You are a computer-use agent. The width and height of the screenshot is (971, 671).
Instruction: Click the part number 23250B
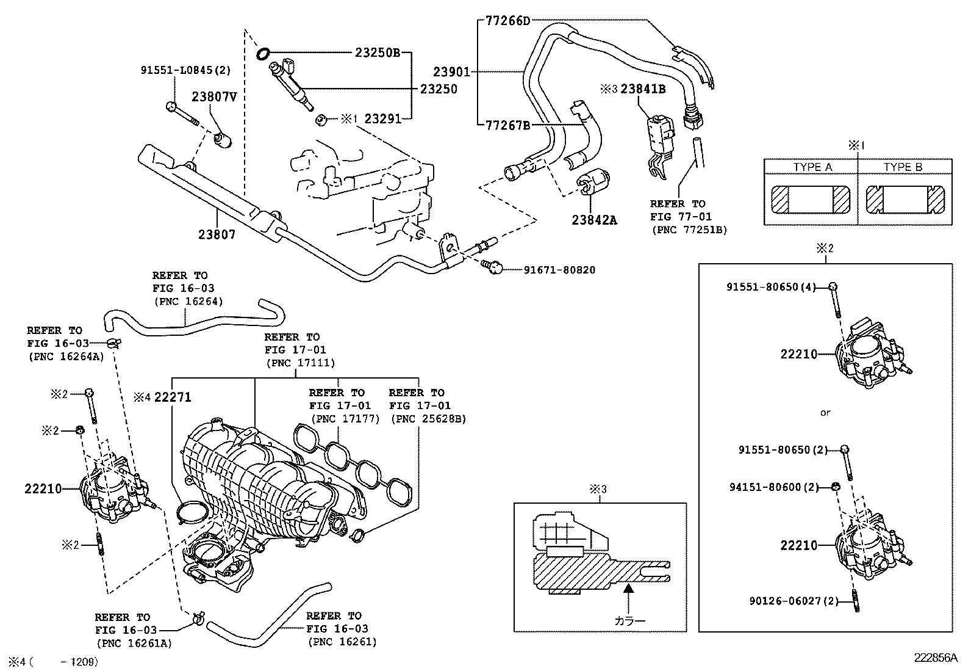(x=377, y=53)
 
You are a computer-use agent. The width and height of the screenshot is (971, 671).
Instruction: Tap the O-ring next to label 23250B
(x=263, y=54)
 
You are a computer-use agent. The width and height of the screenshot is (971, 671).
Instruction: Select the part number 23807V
(x=215, y=96)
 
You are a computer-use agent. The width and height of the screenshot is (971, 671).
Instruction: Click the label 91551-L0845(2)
(x=185, y=70)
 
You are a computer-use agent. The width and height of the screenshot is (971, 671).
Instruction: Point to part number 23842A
(x=594, y=220)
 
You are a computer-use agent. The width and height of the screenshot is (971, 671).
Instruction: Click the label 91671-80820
(x=559, y=269)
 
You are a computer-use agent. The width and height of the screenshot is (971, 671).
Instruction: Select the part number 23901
(x=451, y=72)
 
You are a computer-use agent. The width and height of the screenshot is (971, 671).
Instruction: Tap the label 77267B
(x=507, y=126)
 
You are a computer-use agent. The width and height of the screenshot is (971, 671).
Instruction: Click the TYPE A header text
(x=812, y=167)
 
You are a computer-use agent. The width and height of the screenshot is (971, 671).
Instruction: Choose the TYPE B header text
(x=903, y=167)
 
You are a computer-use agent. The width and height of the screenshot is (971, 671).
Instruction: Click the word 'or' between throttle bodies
(x=825, y=413)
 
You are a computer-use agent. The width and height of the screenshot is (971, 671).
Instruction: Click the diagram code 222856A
(x=936, y=658)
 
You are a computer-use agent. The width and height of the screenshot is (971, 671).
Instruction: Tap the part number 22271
(x=173, y=397)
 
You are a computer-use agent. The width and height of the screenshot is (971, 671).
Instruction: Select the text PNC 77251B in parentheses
(x=689, y=230)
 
